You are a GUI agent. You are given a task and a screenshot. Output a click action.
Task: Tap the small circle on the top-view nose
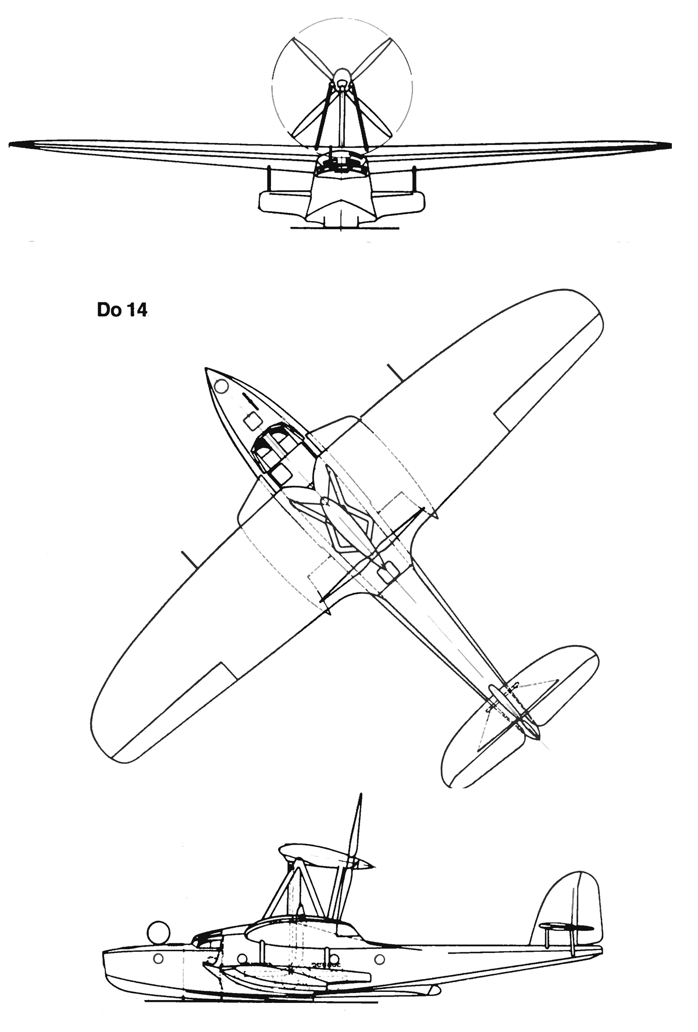click(221, 385)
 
